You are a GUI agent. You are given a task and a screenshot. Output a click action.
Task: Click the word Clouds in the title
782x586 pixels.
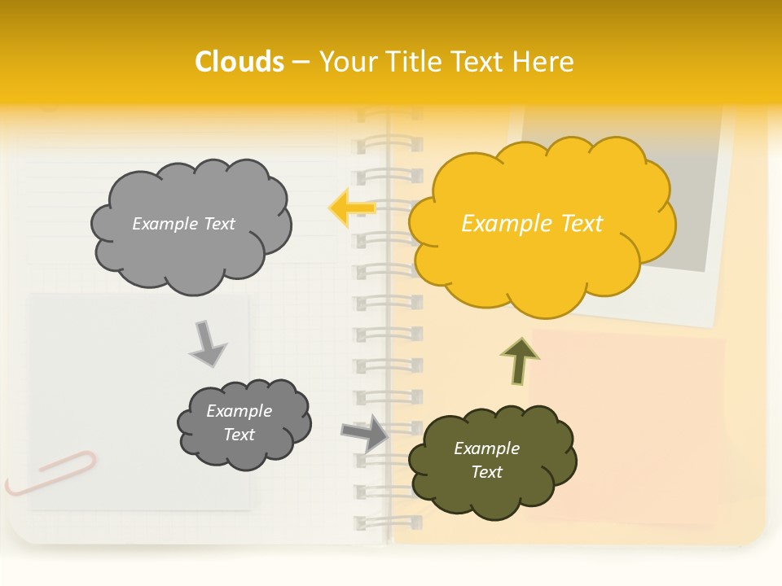point(239,62)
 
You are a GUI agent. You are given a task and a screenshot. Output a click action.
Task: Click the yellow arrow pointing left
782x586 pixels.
point(351,208)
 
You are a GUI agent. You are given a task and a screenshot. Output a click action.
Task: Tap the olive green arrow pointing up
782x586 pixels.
point(520,361)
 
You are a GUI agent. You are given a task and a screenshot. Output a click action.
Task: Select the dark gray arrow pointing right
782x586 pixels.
point(364,432)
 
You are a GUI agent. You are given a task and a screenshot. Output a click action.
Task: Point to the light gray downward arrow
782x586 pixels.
point(207,343)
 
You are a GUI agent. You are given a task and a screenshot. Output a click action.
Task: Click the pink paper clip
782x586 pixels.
point(51,473)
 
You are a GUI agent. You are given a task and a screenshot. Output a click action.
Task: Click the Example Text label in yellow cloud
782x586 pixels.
point(532,223)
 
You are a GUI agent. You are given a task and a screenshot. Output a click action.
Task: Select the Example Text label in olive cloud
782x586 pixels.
point(486,460)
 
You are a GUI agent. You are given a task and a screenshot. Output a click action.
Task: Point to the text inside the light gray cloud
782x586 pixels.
point(183,224)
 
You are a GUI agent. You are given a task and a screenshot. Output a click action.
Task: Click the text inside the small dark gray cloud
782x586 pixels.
point(239,422)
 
